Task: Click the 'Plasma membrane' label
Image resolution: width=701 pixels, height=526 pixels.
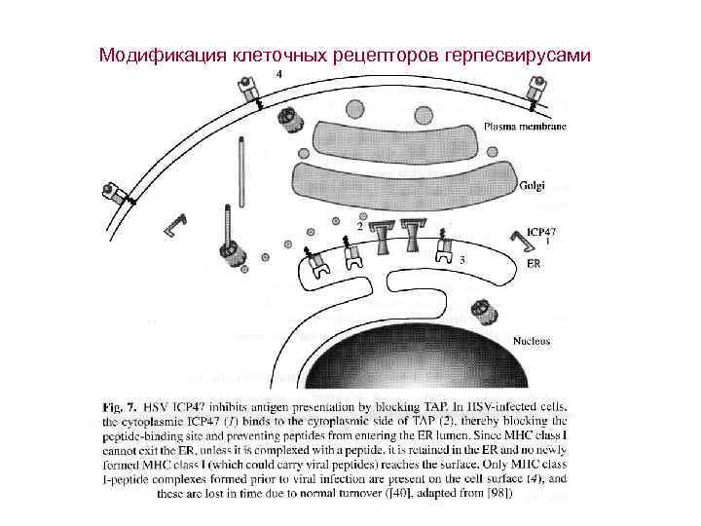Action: (x=526, y=126)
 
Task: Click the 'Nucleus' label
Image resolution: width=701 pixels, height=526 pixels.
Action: (x=532, y=341)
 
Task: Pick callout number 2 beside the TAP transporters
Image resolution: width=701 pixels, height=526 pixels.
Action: (x=359, y=225)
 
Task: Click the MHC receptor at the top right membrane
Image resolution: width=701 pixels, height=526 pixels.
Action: (x=535, y=90)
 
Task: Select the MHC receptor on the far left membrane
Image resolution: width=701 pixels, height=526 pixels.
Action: (x=118, y=191)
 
